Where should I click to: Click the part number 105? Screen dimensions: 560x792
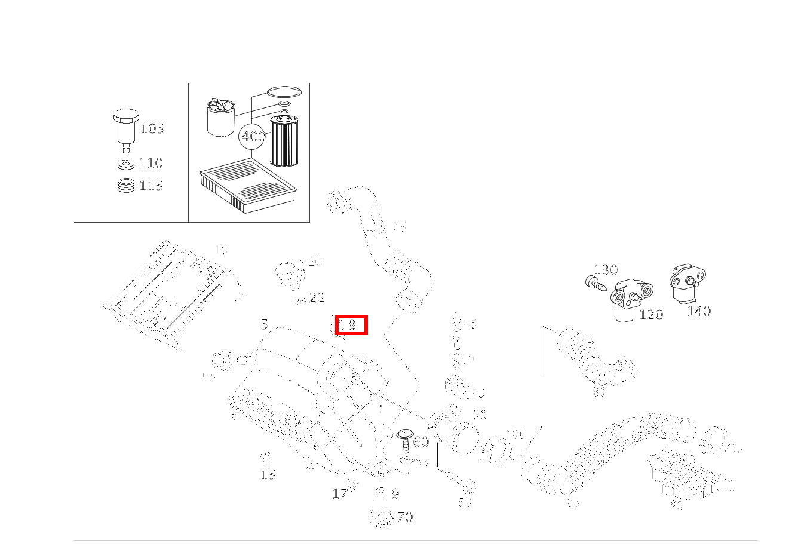point(152,128)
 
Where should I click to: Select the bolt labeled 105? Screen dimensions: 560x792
point(125,127)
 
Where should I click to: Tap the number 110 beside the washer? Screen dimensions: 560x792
point(151,163)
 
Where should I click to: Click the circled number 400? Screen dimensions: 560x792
point(253,136)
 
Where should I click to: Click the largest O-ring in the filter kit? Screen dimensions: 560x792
point(284,93)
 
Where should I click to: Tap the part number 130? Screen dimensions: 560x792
point(606,270)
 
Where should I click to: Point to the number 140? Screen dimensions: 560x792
point(698,310)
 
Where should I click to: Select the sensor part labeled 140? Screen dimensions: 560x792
point(686,284)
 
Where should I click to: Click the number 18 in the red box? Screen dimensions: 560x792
point(351,325)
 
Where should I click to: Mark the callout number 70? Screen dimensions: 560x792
point(405,517)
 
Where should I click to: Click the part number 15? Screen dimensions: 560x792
point(268,475)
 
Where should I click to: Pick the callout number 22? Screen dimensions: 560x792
point(317,297)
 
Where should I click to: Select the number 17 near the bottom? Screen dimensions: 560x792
point(340,494)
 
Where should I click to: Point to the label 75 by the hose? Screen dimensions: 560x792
point(398,227)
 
